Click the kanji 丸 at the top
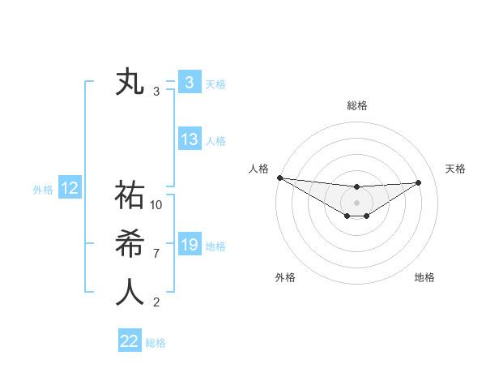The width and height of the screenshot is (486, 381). tap(130, 83)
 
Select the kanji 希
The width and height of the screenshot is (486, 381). tap(130, 244)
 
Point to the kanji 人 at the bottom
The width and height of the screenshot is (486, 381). tap(130, 293)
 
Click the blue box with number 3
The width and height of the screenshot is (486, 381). tap(189, 82)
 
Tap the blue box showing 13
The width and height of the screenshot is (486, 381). tap(190, 139)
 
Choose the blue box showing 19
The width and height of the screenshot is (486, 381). tap(190, 244)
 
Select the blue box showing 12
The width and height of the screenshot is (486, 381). tap(70, 189)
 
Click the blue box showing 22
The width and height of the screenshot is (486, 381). tap(130, 340)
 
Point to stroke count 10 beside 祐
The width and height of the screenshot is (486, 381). tap(156, 205)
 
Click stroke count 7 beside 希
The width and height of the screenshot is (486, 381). tap(156, 254)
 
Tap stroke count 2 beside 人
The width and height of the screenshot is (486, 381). tap(156, 302)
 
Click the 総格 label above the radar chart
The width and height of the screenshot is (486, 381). tap(357, 105)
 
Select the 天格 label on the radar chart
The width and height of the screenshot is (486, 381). tap(455, 169)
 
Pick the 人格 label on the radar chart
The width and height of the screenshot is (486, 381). tap(258, 169)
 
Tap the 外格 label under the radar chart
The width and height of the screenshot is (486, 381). tap(285, 277)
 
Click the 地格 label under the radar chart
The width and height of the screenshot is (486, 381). tap(424, 277)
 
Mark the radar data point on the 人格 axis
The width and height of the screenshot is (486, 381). tap(279, 178)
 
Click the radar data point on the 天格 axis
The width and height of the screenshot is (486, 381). tap(419, 182)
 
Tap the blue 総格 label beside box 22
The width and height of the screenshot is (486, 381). tap(156, 343)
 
